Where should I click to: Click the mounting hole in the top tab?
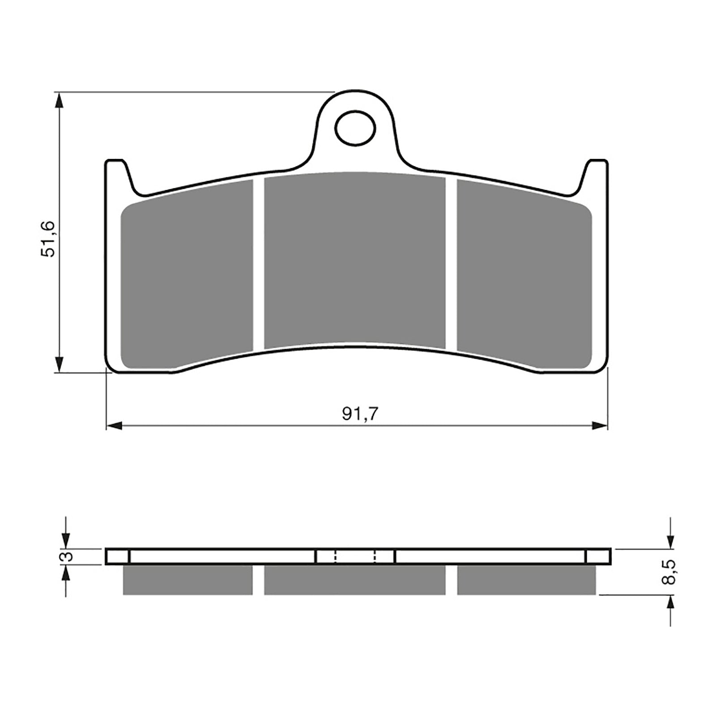pos(355,128)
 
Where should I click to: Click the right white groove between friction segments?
pos(451,264)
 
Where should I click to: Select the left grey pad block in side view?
pos(188,580)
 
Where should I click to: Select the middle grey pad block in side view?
pos(355,580)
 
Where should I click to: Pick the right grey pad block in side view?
pos(526,580)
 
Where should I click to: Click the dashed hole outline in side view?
pos(355,557)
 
